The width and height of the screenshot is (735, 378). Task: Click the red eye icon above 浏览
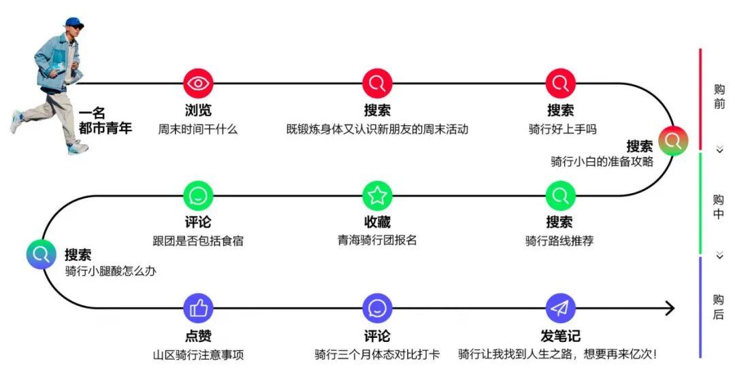(x=198, y=84)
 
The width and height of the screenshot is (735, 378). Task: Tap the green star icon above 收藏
(x=378, y=196)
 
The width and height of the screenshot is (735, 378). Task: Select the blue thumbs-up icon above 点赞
(x=198, y=309)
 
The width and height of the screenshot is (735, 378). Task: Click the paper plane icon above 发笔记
(x=560, y=309)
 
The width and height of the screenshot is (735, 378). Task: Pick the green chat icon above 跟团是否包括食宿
(x=198, y=196)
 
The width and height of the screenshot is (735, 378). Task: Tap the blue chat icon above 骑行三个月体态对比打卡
(x=378, y=309)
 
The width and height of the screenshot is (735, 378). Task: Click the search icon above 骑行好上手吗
(x=560, y=84)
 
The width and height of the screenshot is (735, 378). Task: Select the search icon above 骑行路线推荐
(x=560, y=196)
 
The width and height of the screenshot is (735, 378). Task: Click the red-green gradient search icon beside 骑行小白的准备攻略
(x=673, y=141)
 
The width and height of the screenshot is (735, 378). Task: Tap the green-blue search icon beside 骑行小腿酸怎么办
(x=41, y=254)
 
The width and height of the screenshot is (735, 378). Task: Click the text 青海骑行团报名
(x=377, y=240)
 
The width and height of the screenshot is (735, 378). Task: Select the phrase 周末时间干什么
(x=198, y=128)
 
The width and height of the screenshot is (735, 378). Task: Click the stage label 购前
(x=719, y=97)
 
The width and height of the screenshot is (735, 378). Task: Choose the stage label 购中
(x=719, y=207)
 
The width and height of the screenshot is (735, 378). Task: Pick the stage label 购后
(x=719, y=307)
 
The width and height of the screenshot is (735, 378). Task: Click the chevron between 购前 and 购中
(x=719, y=150)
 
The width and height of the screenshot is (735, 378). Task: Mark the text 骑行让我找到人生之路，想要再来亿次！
(x=557, y=354)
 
